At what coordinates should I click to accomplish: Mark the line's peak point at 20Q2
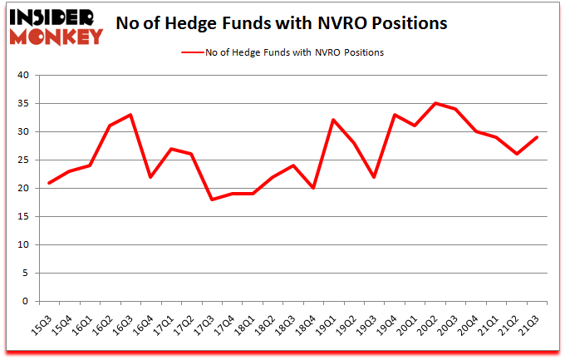(x=435, y=103)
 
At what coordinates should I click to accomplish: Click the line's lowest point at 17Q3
(x=212, y=200)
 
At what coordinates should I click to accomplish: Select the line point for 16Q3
(x=130, y=115)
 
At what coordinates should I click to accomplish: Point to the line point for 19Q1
(x=334, y=121)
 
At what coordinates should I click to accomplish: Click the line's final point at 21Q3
(x=537, y=137)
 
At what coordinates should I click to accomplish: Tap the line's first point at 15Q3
(x=50, y=183)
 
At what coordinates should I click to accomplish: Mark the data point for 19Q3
(x=375, y=177)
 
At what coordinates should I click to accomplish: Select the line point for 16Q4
(x=151, y=177)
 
